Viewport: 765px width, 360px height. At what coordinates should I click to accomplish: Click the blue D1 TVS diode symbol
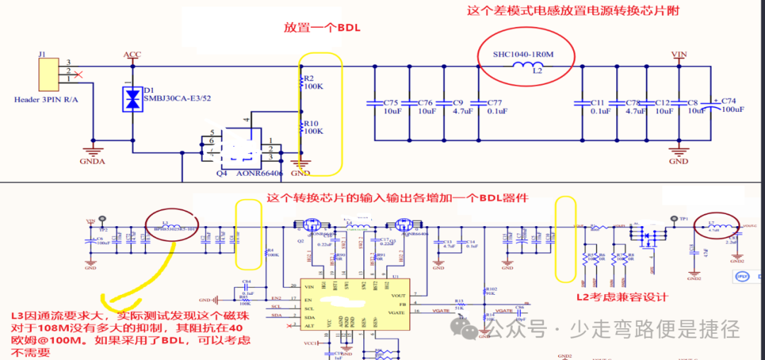pos(132,99)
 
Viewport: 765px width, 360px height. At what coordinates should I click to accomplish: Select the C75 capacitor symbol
pos(373,103)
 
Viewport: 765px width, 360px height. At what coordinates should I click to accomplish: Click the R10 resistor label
pos(310,123)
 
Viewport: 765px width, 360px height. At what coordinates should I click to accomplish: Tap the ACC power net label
pos(132,55)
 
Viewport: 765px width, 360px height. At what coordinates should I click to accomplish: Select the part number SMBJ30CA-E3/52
pos(178,99)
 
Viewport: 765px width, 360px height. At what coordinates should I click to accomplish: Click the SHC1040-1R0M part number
pos(524,54)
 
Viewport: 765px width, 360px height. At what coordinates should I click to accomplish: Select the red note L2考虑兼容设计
pos(622,298)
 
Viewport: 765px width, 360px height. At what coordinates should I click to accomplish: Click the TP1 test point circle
pos(672,219)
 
